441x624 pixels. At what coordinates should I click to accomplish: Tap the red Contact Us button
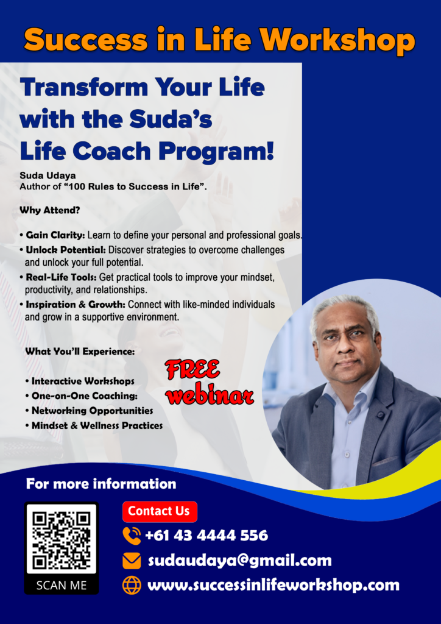(x=160, y=511)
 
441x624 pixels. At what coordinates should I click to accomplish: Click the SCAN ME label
(x=62, y=585)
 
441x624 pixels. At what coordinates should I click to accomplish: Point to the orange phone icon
(x=132, y=535)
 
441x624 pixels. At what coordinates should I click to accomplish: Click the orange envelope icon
(x=132, y=561)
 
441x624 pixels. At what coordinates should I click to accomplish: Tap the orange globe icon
(x=132, y=586)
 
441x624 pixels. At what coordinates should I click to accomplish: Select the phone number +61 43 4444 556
(x=206, y=535)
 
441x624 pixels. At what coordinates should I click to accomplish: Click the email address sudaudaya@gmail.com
(x=240, y=561)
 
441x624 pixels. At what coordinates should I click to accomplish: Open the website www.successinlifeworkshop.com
(x=273, y=586)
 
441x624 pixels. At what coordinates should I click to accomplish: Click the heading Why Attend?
(x=50, y=210)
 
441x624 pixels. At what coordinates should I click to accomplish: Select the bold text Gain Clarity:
(x=55, y=235)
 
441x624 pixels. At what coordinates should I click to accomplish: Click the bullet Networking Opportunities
(x=92, y=410)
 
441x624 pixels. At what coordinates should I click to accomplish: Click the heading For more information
(x=101, y=484)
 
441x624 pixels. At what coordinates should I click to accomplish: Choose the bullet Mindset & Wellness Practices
(x=97, y=425)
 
